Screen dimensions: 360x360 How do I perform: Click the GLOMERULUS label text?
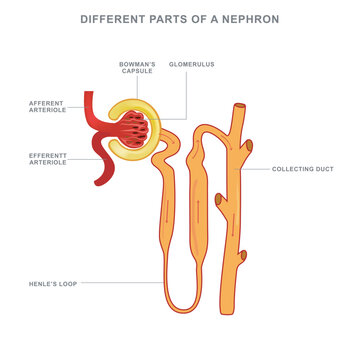coord(192,63)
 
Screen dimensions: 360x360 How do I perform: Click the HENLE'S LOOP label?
coord(54,283)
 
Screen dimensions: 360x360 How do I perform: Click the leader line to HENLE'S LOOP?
coord(120,283)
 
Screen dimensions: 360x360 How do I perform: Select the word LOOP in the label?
coord(66,283)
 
